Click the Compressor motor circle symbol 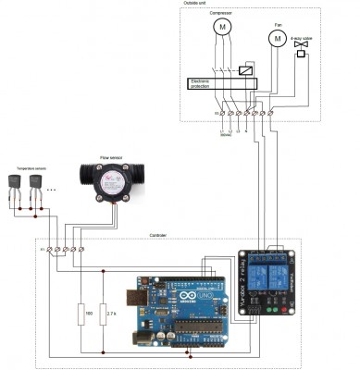[x=221, y=28]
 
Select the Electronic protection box [x=222, y=83]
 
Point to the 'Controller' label [x=158, y=237]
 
